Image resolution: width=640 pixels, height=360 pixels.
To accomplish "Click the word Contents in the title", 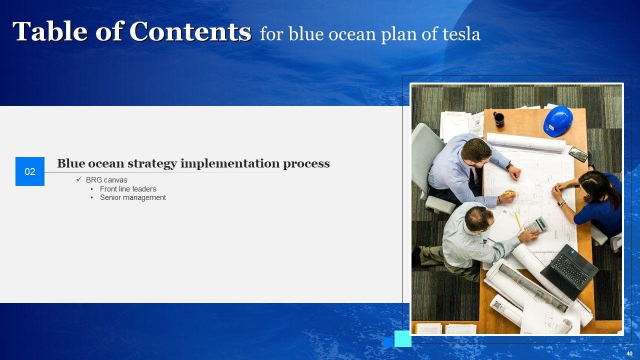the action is click(190, 31).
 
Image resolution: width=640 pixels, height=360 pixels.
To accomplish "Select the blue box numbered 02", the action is click(30, 171).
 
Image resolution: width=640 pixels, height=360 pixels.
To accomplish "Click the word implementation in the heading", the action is click(229, 163).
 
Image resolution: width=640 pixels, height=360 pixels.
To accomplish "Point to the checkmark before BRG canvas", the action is click(79, 179).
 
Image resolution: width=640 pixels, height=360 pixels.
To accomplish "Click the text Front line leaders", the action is click(128, 189).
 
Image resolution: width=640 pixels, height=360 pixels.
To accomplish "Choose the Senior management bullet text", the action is click(133, 197).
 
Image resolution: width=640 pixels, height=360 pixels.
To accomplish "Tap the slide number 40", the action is click(629, 353).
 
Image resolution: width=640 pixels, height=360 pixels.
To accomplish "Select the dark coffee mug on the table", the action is click(498, 119).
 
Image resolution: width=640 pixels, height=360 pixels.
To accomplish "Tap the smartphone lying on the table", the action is click(578, 154).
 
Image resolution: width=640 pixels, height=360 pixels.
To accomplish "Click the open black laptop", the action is click(568, 271).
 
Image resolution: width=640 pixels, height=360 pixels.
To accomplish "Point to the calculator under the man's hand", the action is click(536, 224).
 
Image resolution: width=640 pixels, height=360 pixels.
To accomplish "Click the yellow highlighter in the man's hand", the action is click(509, 193).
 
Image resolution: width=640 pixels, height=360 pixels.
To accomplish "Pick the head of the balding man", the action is click(479, 218).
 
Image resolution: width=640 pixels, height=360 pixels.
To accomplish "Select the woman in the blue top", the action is click(591, 203).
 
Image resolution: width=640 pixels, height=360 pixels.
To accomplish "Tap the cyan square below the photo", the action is click(403, 338).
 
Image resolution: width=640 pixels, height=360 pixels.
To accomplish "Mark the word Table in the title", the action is click(49, 31).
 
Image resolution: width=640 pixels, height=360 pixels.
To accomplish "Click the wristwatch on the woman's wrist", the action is click(561, 203).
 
